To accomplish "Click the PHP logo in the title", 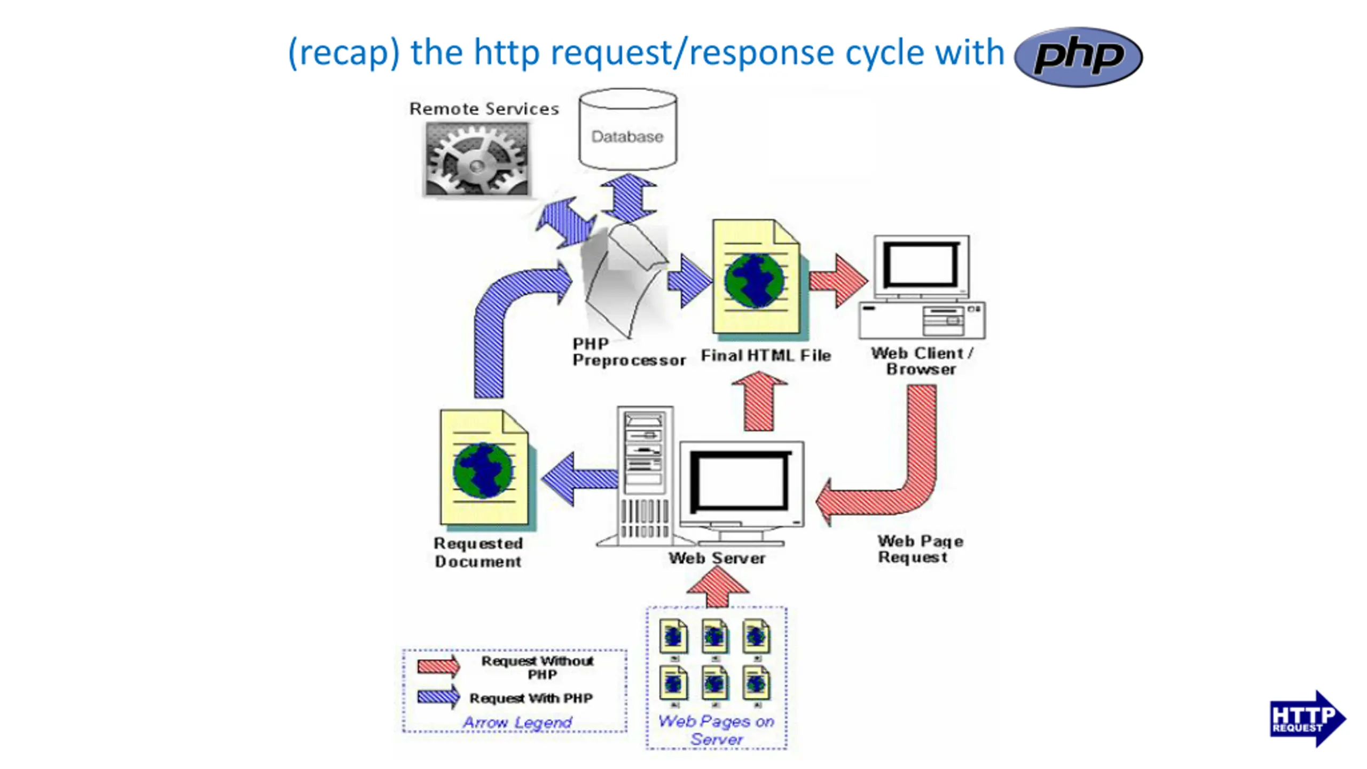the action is [1078, 57].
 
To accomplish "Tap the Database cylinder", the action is [628, 129].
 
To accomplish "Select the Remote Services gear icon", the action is [477, 159].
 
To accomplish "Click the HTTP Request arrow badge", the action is [1308, 718].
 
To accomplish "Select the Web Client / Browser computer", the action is [922, 287].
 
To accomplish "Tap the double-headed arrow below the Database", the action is [628, 197].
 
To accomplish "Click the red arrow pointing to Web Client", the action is [838, 281].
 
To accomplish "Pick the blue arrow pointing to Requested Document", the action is [580, 478].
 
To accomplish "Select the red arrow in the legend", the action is [438, 665].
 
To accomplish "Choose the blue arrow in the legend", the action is [438, 696].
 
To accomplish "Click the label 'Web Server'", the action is [717, 558].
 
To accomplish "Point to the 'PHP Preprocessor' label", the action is [628, 352].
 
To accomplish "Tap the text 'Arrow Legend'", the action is [517, 723].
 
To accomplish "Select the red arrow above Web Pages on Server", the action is [717, 586].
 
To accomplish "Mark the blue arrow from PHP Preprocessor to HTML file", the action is [690, 281].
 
